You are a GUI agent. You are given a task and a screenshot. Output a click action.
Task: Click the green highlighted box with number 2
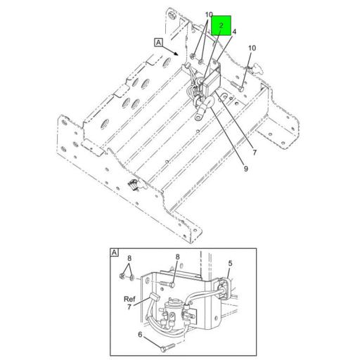pyautogui.click(x=221, y=27)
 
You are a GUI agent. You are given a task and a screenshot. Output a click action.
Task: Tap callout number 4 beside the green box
pyautogui.click(x=234, y=32)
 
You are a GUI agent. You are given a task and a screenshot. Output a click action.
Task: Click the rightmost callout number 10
pyautogui.click(x=252, y=48)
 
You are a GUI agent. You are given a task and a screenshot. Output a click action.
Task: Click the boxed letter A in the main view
pyautogui.click(x=158, y=42)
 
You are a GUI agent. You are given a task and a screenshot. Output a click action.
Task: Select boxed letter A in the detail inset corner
pyautogui.click(x=114, y=251)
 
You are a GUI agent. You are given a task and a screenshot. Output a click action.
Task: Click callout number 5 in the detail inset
pyautogui.click(x=230, y=264)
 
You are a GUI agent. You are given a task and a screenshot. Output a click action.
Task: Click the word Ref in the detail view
pyautogui.click(x=129, y=298)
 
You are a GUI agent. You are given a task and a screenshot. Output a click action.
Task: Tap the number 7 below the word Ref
pyautogui.click(x=129, y=307)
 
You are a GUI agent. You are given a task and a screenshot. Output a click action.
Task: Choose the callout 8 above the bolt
pyautogui.click(x=177, y=257)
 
